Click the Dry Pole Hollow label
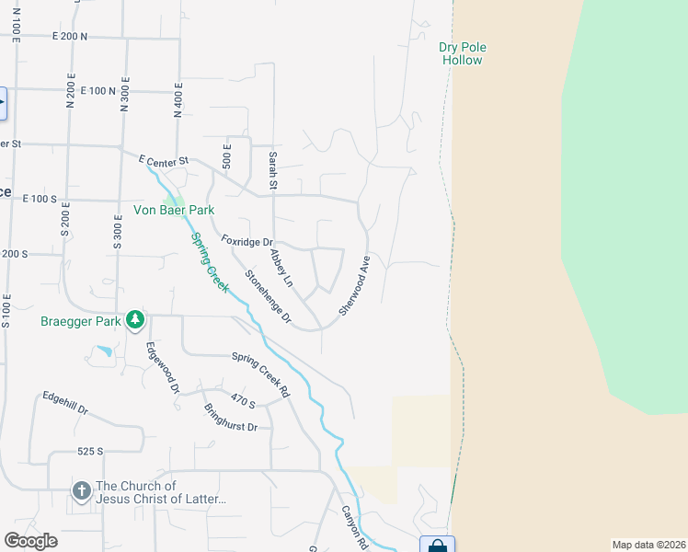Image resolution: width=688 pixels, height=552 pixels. point(461,53)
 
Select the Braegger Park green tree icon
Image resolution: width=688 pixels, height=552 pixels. point(136,319)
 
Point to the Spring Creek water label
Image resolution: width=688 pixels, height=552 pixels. point(210,261)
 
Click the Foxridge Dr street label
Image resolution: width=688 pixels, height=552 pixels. point(248,242)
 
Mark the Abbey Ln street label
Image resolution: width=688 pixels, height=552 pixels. point(281,267)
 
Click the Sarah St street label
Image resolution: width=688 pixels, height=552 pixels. point(273,171)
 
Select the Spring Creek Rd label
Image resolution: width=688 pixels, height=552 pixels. point(260,374)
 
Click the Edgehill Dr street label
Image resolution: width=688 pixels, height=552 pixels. point(64,403)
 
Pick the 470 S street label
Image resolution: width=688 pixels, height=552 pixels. point(243,401)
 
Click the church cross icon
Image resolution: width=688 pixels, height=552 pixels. point(82,492)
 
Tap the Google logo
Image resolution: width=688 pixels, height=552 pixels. point(30,540)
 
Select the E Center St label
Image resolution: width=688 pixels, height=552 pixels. point(164,161)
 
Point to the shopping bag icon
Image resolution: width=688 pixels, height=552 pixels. point(437,546)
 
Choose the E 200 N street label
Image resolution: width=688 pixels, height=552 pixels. point(70,37)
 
